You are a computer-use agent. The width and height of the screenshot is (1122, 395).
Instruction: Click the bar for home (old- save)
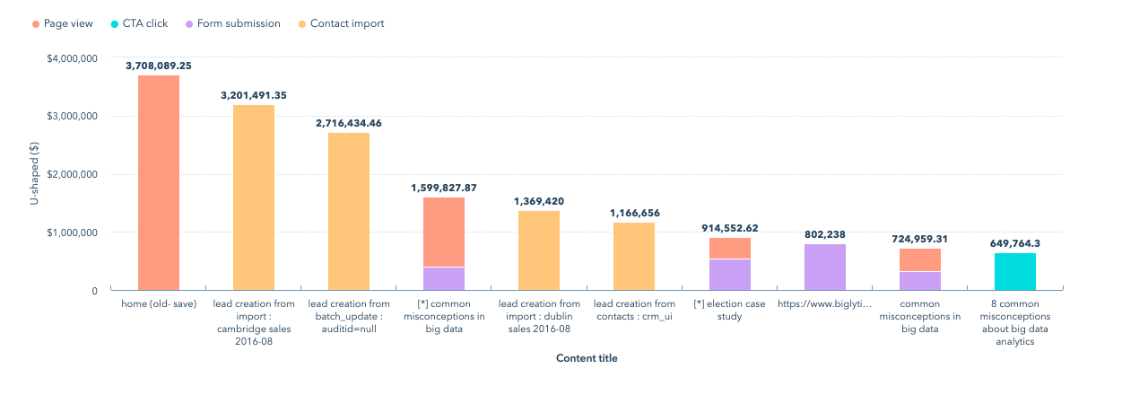159,183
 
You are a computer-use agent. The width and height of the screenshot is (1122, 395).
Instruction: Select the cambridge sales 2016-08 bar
254,197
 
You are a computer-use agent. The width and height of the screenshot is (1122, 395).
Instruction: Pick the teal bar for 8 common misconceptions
1015,271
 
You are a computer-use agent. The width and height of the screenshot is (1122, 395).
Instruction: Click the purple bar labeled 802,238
825,267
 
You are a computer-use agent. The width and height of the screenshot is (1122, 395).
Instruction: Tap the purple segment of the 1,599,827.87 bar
444,278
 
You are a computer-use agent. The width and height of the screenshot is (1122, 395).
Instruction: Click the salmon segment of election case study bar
730,248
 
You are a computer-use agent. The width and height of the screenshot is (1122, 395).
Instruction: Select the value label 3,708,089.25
159,66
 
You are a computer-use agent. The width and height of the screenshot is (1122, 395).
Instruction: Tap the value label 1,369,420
539,201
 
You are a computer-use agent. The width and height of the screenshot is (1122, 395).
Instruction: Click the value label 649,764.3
1015,243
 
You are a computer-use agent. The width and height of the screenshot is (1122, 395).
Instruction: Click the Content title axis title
587,358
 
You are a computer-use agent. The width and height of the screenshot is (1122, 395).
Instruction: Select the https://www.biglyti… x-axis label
825,304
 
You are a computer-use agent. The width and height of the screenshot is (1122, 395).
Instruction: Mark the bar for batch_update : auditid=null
349,211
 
